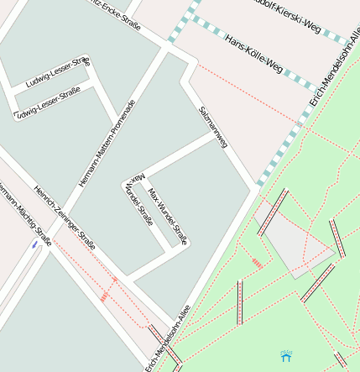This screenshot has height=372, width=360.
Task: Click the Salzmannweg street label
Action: coord(213,128)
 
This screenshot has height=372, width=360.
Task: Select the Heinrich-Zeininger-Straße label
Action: coord(64,217)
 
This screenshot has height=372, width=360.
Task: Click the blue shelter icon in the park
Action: coord(286,356)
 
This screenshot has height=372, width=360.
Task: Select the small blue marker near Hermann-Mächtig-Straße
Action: coord(34,245)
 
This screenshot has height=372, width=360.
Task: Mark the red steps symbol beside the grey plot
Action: coord(258,264)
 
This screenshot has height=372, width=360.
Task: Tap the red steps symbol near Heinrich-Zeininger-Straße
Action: coord(105,296)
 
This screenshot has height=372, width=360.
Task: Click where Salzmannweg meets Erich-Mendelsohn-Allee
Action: coord(253,187)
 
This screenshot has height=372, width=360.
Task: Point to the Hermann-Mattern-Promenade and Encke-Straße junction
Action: coord(166,51)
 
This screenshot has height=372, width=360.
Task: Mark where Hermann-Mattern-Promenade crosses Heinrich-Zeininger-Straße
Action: coord(62,211)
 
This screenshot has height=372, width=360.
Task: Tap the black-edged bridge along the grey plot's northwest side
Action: coord(273,212)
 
